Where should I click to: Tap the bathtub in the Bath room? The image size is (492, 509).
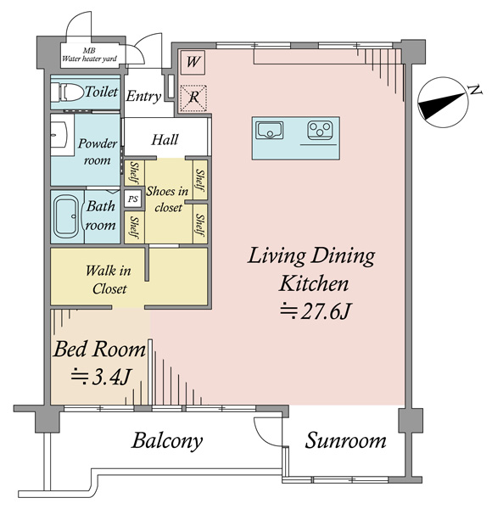66,216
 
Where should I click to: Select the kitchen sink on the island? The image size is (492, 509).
270,131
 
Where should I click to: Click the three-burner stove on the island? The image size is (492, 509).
320,130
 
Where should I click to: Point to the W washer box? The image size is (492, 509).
193,62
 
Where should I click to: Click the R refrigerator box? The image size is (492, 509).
193,98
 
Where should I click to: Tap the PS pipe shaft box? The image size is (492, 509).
133,199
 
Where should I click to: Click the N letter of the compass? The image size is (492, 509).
475,89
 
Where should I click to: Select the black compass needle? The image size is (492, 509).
441,106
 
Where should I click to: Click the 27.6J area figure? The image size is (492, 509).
316,311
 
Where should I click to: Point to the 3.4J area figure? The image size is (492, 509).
101,377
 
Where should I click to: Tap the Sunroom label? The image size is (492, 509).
345,441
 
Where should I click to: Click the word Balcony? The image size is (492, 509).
167,441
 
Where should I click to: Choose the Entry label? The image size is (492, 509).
143,97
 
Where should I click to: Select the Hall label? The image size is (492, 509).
165,140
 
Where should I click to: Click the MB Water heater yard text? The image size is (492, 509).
89,55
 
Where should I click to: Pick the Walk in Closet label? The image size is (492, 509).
109,279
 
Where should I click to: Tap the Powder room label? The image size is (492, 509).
98,152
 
